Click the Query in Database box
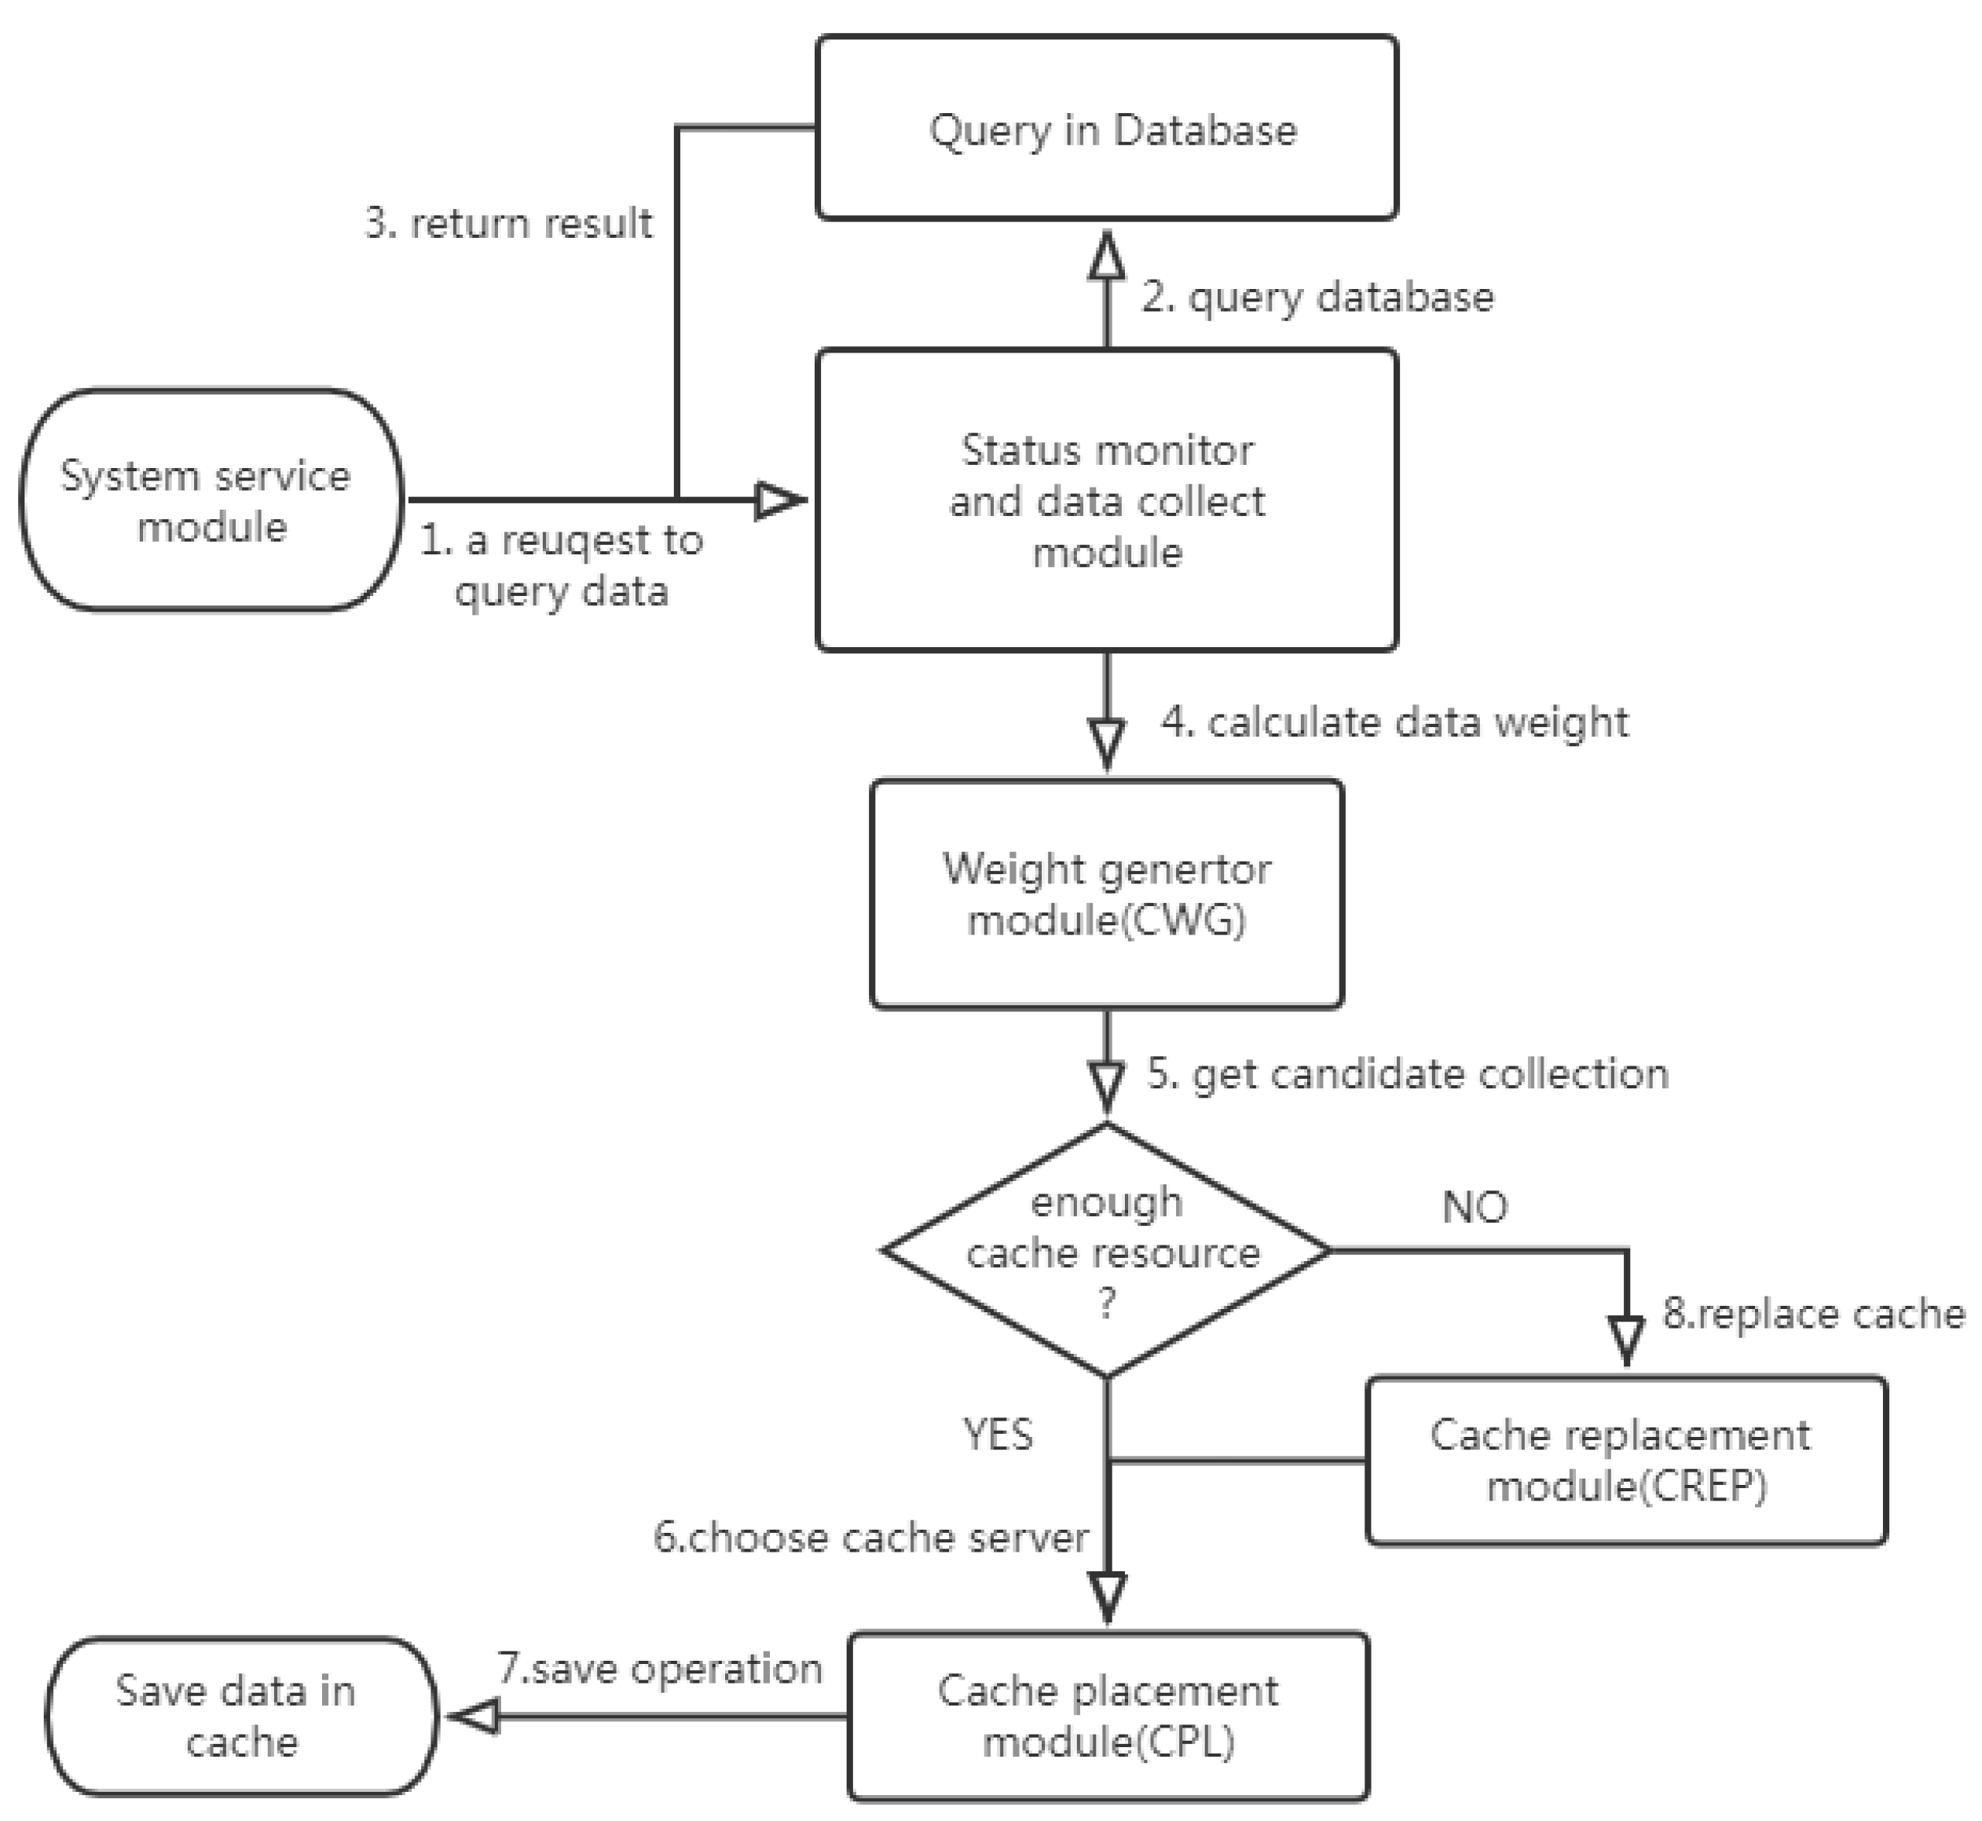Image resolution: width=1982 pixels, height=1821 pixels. click(x=1106, y=128)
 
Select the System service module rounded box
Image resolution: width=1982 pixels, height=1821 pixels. click(x=211, y=499)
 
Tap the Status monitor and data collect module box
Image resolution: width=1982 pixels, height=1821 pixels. click(x=1106, y=499)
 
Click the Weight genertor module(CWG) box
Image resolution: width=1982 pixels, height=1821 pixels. click(x=1106, y=894)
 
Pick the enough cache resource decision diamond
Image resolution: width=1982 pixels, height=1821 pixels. click(x=1106, y=1250)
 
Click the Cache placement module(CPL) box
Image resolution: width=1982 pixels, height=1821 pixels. click(x=1108, y=1716)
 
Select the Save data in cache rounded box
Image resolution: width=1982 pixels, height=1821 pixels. click(x=240, y=1716)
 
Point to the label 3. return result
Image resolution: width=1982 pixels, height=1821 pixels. click(x=508, y=224)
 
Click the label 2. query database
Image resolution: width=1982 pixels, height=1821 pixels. click(x=1317, y=298)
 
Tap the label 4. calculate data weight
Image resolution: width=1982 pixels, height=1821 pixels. click(x=1394, y=722)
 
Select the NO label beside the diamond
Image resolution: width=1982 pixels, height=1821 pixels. click(x=1475, y=1207)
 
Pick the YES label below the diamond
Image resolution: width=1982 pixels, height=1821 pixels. click(x=998, y=1435)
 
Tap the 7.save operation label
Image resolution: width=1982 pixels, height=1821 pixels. click(x=659, y=1668)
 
